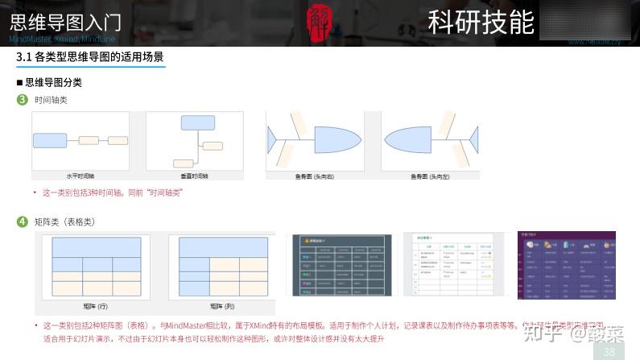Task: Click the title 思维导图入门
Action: click(66, 22)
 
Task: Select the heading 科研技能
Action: click(481, 22)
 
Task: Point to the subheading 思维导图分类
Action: click(53, 82)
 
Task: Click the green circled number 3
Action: click(23, 100)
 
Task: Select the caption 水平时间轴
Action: click(80, 175)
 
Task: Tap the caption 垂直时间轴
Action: click(194, 175)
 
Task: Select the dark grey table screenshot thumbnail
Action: click(337, 265)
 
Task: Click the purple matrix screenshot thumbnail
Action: click(566, 265)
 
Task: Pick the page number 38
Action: click(609, 351)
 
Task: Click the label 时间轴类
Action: click(51, 101)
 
